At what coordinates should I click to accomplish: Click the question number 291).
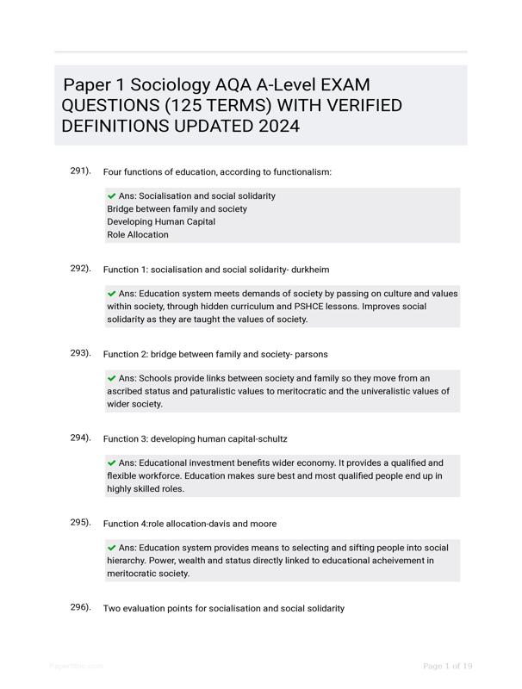tap(80, 171)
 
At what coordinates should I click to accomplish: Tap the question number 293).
tap(80, 353)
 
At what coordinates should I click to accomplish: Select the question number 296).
tap(80, 607)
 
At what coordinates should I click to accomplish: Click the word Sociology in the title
tap(169, 85)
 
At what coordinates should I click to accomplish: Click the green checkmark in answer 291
tap(112, 196)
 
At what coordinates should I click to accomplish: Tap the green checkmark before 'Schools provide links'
tap(112, 378)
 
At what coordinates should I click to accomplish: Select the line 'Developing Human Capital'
tap(161, 221)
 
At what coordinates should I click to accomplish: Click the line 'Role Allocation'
tap(138, 234)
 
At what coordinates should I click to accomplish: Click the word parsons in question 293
tap(310, 354)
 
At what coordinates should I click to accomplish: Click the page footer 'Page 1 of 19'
tap(447, 666)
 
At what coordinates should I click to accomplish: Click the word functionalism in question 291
tap(301, 172)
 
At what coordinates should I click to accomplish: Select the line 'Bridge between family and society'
tap(177, 208)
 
